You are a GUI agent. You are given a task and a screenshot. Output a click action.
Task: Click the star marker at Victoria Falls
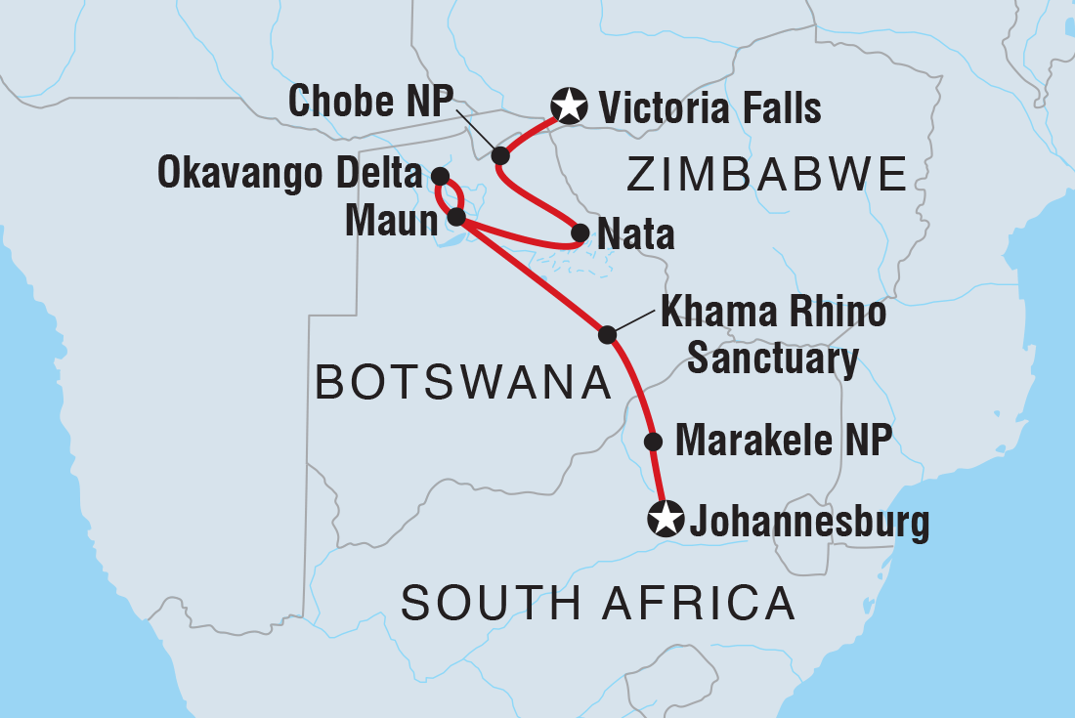click(x=569, y=106)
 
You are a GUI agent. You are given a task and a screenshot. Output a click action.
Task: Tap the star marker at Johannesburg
click(x=666, y=519)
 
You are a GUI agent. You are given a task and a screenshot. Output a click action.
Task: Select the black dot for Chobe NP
click(x=500, y=155)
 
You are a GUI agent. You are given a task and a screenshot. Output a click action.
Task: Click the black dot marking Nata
click(x=580, y=233)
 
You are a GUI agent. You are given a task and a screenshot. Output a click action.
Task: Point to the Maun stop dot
click(x=455, y=217)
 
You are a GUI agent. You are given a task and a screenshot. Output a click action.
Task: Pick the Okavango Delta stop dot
click(x=440, y=176)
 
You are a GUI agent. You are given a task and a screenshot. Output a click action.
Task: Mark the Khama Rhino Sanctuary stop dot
click(x=607, y=335)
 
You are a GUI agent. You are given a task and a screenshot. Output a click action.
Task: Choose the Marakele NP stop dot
click(x=653, y=442)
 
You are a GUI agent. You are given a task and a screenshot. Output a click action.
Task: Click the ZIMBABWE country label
click(x=766, y=177)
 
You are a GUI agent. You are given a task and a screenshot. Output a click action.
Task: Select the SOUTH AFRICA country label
click(x=598, y=603)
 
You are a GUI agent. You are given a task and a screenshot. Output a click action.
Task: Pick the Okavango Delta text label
click(x=290, y=177)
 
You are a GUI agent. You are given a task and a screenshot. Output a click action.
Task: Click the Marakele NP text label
click(x=784, y=442)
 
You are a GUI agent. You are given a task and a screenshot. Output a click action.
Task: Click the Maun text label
click(x=391, y=221)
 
